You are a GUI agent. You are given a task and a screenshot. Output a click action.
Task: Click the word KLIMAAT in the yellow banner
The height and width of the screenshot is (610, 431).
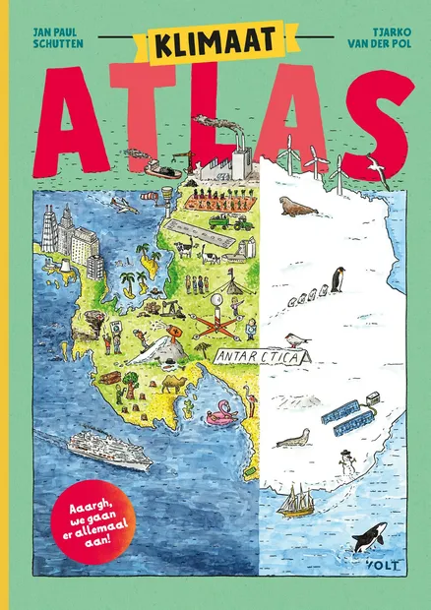pyautogui.click(x=215, y=43)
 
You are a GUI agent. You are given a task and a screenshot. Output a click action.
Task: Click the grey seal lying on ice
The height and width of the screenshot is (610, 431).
pyautogui.click(x=293, y=438)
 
